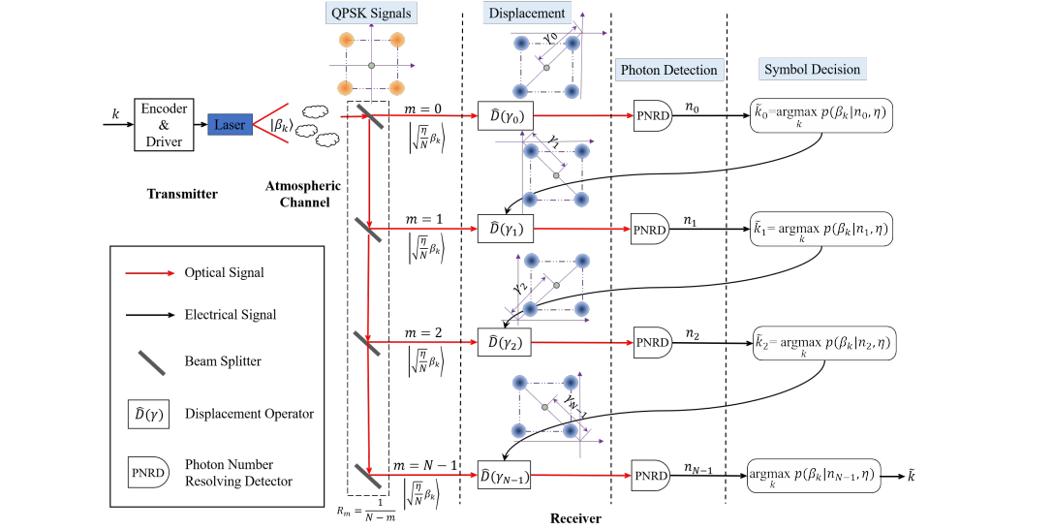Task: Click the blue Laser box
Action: point(230,124)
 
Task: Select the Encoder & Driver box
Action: point(164,123)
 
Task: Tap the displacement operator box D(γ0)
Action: point(506,117)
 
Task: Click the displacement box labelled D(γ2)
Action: point(506,342)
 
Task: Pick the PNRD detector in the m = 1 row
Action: point(650,230)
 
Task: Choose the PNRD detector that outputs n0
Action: point(653,117)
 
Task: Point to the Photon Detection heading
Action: point(669,69)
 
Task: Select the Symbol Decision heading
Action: point(812,69)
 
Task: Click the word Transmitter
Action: point(182,194)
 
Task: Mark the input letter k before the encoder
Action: point(115,114)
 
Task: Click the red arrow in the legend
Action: point(149,273)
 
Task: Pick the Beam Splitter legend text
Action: point(225,360)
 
